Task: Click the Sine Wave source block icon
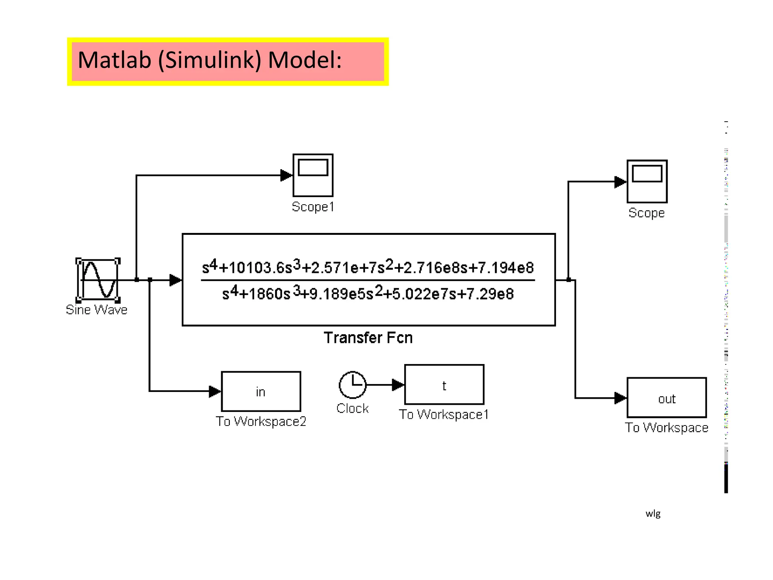[x=98, y=280]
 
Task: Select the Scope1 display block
[x=313, y=175]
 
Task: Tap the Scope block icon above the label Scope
[x=647, y=181]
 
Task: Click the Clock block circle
[x=353, y=385]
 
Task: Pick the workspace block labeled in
[x=261, y=392]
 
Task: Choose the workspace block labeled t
[x=444, y=385]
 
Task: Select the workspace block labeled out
[x=667, y=398]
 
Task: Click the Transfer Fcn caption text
[x=368, y=338]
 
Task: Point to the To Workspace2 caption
[x=261, y=421]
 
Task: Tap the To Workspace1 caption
[x=444, y=415]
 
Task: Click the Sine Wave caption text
[x=97, y=310]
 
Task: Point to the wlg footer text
[x=653, y=514]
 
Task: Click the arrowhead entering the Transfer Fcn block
[x=176, y=280]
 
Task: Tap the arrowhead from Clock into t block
[x=398, y=385]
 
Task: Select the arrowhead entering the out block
[x=620, y=398]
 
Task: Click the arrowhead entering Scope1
[x=286, y=175]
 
